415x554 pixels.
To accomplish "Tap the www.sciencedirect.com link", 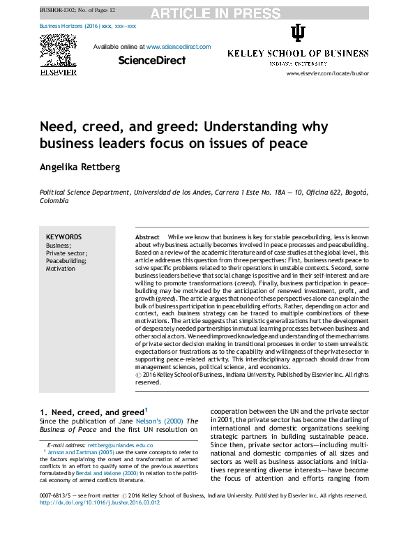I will [178, 47].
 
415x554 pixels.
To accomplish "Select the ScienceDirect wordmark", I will [151, 61].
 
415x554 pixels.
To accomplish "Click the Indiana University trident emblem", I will [298, 33].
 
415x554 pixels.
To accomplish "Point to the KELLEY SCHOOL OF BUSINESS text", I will [298, 54].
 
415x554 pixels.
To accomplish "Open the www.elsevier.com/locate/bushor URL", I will [327, 73].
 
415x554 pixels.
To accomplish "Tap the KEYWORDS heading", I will [63, 237].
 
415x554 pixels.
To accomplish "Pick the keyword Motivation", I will [61, 269].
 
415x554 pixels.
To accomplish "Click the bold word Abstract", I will [147, 238].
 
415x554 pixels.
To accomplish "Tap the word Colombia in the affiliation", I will [54, 201].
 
